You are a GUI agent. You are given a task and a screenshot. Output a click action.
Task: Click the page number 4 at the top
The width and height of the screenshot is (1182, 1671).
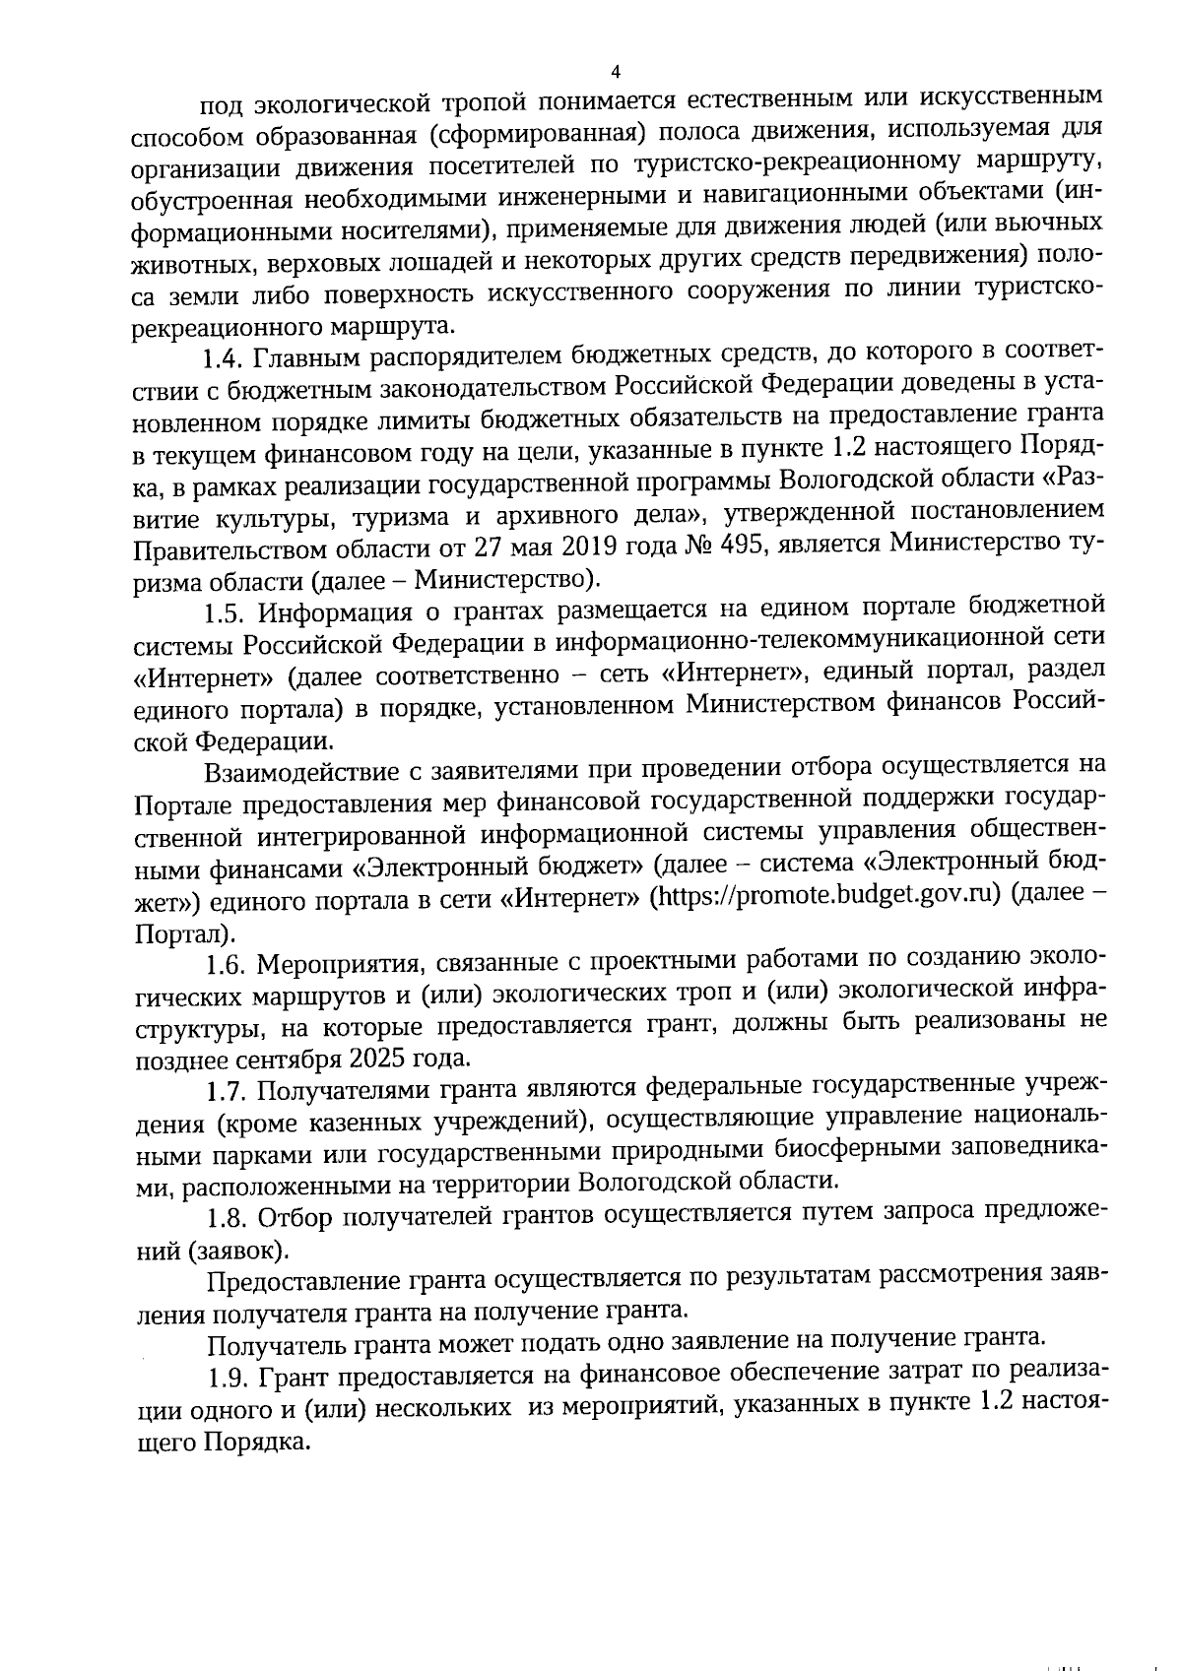[x=616, y=72]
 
